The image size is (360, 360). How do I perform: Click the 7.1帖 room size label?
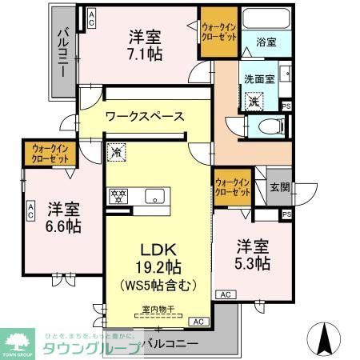[x=146, y=53]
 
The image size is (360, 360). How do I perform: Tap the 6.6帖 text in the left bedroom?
[x=62, y=226]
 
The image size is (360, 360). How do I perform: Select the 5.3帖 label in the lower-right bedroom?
[x=251, y=262]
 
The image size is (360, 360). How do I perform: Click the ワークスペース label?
[x=145, y=117]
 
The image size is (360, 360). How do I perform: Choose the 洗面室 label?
[x=260, y=79]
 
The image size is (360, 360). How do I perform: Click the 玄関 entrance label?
[x=279, y=187]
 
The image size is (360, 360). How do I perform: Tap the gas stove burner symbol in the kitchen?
[x=118, y=194]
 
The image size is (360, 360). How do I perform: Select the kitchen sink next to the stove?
[x=154, y=194]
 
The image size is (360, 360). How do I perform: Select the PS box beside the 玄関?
[x=286, y=214]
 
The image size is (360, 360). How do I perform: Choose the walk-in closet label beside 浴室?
[x=219, y=33]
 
